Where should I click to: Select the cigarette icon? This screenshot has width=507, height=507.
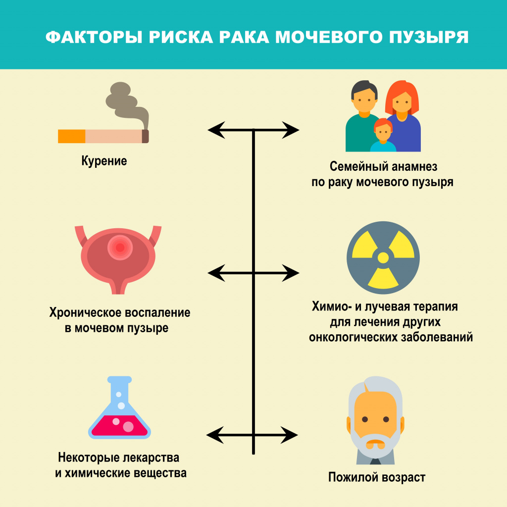[103, 136]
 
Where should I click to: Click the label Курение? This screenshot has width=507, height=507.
[104, 161]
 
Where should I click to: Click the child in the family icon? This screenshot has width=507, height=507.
[383, 136]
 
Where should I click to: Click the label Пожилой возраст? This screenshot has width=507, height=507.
[377, 478]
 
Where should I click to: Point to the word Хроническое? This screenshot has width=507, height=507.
[84, 313]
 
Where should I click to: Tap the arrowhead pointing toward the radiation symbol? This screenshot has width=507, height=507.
[293, 272]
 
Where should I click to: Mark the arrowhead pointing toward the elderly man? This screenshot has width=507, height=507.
[292, 435]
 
